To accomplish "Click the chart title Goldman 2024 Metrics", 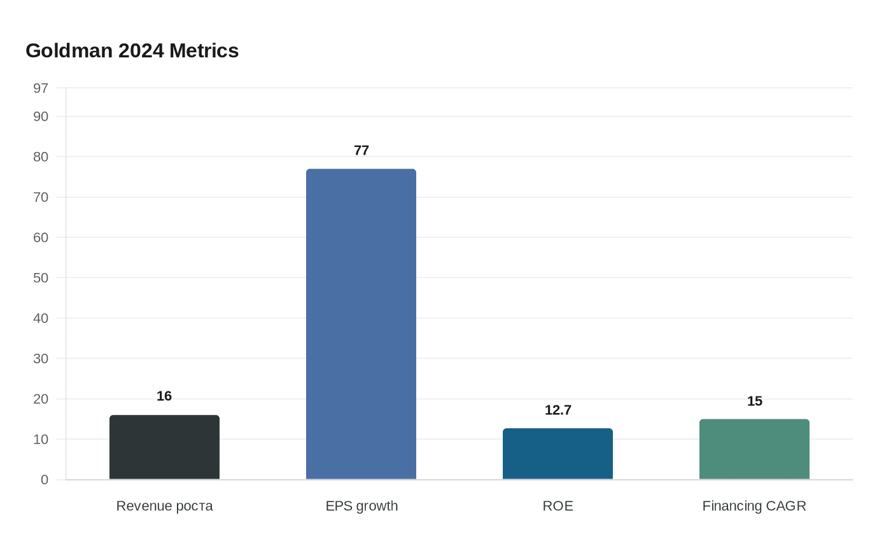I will (x=132, y=50).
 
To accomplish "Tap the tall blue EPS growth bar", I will (x=361, y=324).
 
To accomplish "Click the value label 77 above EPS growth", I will (x=361, y=150).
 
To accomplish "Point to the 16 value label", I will (x=164, y=396).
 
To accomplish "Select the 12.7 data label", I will (x=558, y=410).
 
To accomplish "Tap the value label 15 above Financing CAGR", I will (x=754, y=401).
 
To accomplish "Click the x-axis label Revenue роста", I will (x=164, y=506).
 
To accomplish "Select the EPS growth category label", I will (x=361, y=506).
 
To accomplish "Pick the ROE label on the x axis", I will (x=558, y=506).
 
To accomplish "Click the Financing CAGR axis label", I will (x=754, y=506).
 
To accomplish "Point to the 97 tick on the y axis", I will (x=41, y=88).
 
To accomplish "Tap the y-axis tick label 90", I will (x=41, y=116).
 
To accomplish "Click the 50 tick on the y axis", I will (x=41, y=277).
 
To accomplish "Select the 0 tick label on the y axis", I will (x=45, y=480).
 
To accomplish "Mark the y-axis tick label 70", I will (x=41, y=197).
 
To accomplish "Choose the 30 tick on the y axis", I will (x=41, y=358).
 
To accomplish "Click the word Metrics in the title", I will (x=204, y=50).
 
